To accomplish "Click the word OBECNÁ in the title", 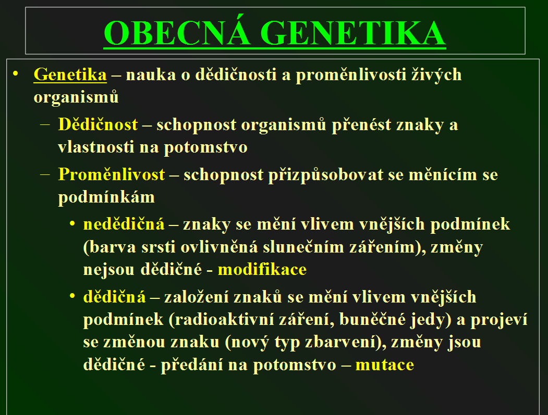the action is (x=177, y=33).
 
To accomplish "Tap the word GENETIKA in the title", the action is (x=353, y=33).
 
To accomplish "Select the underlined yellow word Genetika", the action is (x=70, y=74).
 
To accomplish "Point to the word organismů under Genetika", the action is (x=76, y=97).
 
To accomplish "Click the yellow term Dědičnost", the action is (x=98, y=124).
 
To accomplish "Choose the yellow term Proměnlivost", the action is (x=112, y=174).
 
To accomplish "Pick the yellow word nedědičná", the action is (x=124, y=224).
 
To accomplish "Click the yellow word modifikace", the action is (x=262, y=269).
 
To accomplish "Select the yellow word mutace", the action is (x=384, y=365).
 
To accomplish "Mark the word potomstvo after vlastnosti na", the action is (x=205, y=147).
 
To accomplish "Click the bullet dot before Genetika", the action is (x=15, y=73).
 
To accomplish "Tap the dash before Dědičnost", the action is (x=45, y=124).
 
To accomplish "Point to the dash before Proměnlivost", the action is (x=45, y=174).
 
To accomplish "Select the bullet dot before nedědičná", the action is (x=72, y=223).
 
